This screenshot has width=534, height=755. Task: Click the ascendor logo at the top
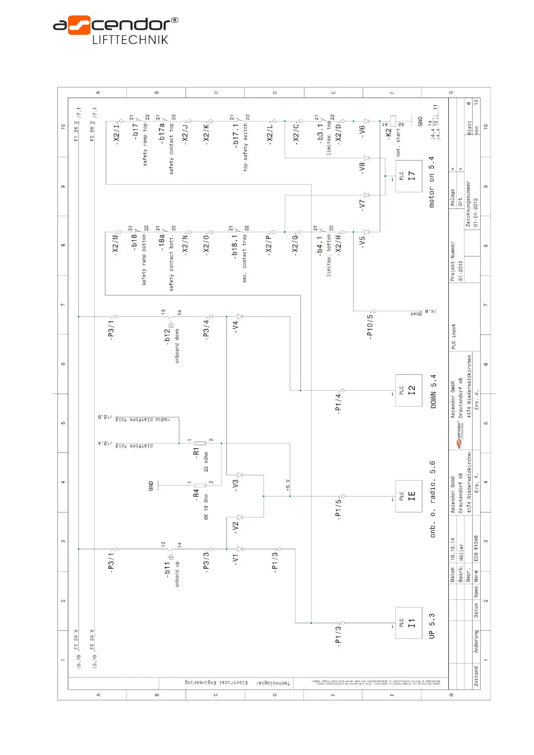115,30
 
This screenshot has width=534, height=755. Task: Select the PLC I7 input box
408,176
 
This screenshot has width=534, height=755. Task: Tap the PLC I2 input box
408,390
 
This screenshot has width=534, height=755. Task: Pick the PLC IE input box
408,496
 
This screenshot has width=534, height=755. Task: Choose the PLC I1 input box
408,623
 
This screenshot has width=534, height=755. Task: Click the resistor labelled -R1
200,443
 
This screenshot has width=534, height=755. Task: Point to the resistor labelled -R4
200,485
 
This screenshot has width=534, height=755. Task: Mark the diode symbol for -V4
240,317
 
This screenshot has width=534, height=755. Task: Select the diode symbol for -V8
367,158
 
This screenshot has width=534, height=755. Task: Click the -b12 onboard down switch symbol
171,323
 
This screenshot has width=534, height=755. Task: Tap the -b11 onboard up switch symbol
171,555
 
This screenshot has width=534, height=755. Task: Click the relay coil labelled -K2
393,121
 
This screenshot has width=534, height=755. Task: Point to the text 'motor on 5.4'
431,182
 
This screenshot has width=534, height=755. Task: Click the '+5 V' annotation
288,485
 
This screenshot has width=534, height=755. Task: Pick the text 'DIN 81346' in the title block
476,548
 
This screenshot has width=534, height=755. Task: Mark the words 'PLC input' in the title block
453,336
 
